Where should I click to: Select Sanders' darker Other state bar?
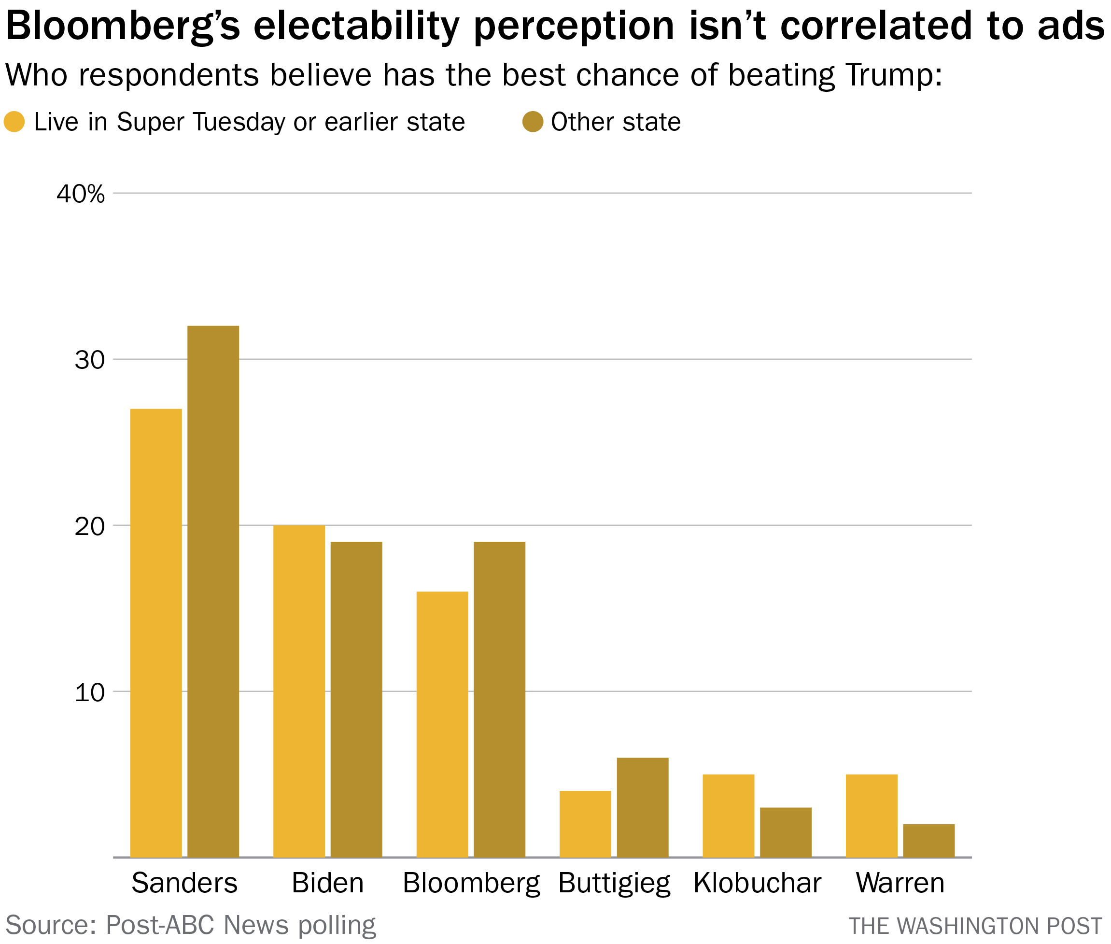tap(213, 592)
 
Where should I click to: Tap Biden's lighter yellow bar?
tap(299, 691)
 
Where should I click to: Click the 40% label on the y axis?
tap(81, 194)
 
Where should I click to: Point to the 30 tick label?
tap(89, 360)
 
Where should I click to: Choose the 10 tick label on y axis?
tap(89, 693)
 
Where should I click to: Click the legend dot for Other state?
tap(533, 122)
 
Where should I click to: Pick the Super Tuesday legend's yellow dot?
tap(14, 122)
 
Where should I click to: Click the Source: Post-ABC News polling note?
tap(191, 925)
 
